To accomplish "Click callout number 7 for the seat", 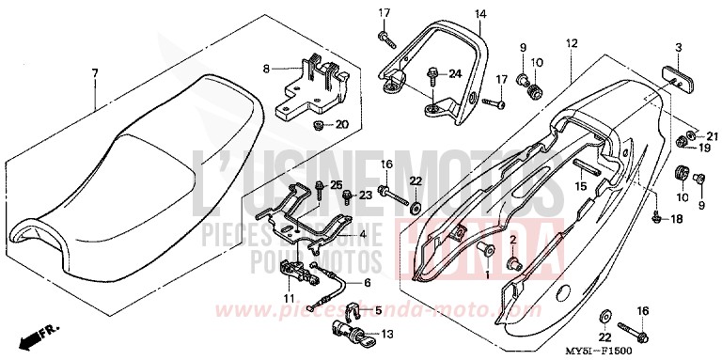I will (x=95, y=72).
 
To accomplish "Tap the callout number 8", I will (x=266, y=69).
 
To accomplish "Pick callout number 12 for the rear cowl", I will (x=570, y=44).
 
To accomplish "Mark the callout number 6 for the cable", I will (x=368, y=281).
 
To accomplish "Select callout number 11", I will (x=289, y=299).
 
